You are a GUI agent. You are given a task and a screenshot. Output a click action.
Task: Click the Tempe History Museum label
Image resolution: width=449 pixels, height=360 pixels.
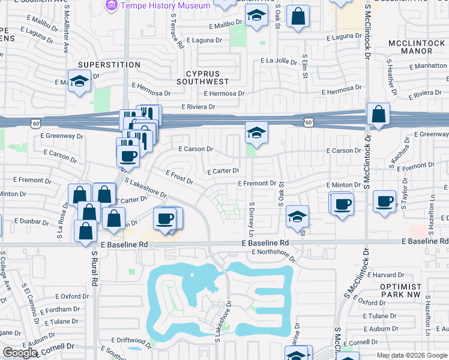point(165,5)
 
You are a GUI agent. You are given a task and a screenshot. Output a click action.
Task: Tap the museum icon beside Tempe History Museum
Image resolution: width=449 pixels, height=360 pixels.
point(111,5)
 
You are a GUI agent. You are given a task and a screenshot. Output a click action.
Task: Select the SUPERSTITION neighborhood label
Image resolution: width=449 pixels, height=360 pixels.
point(109,65)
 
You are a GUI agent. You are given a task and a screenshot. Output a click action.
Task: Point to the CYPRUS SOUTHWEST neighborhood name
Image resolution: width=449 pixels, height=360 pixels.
point(203,77)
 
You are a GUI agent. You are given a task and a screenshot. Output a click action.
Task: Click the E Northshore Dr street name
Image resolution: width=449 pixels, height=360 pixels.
point(274,255)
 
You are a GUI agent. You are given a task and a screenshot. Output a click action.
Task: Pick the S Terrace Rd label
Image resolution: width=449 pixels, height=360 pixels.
point(176,32)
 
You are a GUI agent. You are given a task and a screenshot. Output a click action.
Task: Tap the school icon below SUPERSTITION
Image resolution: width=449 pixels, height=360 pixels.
point(79,82)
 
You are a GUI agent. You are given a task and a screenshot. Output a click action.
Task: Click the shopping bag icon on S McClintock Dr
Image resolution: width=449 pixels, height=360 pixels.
point(379,114)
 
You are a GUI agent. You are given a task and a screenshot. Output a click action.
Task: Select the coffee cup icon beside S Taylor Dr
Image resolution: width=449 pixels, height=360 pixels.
point(385,202)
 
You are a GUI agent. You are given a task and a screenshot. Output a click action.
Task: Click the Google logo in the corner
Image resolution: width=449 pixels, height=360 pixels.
point(19,353)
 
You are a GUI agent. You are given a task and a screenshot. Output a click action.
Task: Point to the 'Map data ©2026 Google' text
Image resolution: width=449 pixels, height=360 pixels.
point(411,355)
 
